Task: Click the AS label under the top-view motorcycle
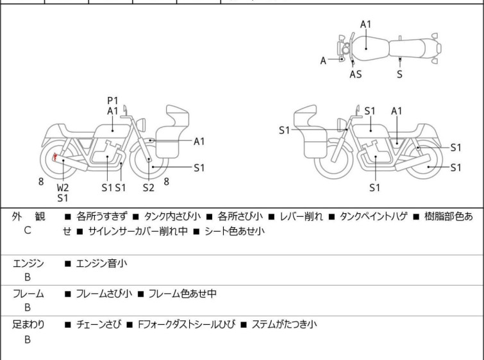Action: point(355,74)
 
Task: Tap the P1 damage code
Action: point(113,101)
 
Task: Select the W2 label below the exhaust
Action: point(63,187)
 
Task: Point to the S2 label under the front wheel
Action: point(149,187)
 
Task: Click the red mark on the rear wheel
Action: point(55,157)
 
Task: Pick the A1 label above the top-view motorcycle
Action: point(366,24)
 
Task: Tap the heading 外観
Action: point(28,216)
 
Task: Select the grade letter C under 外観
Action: point(28,230)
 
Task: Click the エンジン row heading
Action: point(28,264)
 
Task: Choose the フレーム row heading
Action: point(28,293)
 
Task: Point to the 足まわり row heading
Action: point(28,325)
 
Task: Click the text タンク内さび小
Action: point(172,216)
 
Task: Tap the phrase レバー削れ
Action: point(301,216)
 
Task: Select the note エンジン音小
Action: point(101,264)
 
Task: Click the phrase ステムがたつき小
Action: point(284,325)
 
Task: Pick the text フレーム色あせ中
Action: point(183,293)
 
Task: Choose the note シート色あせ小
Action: point(235,231)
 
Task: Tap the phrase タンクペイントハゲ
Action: point(374,216)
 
